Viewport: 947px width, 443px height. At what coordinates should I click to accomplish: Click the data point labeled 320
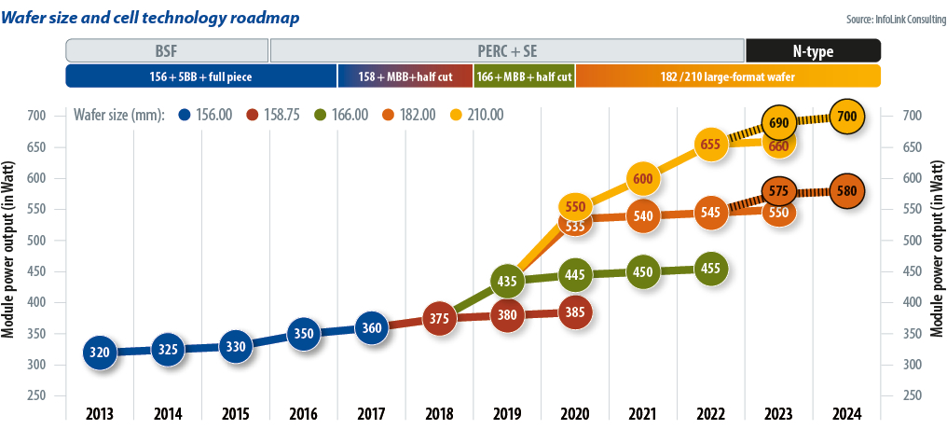pyautogui.click(x=100, y=353)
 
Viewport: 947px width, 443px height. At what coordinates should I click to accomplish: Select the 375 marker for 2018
pyautogui.click(x=439, y=317)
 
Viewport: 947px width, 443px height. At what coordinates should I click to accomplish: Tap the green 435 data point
pyautogui.click(x=507, y=281)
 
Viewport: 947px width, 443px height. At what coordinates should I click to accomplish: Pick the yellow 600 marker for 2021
pyautogui.click(x=642, y=178)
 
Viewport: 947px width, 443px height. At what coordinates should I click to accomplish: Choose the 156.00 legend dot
pyautogui.click(x=184, y=115)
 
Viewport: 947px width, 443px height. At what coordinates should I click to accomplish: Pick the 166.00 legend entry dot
pyautogui.click(x=319, y=115)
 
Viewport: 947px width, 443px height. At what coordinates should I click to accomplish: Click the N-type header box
pyautogui.click(x=813, y=50)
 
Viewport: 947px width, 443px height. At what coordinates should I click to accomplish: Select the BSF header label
pyautogui.click(x=168, y=50)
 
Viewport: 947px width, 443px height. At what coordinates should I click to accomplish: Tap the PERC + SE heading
pyautogui.click(x=507, y=50)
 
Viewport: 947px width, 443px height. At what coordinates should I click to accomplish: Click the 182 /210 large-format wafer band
pyautogui.click(x=728, y=76)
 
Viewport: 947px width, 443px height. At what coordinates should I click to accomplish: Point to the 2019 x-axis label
pyautogui.click(x=507, y=414)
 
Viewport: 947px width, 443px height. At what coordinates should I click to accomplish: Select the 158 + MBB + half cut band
pyautogui.click(x=405, y=76)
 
